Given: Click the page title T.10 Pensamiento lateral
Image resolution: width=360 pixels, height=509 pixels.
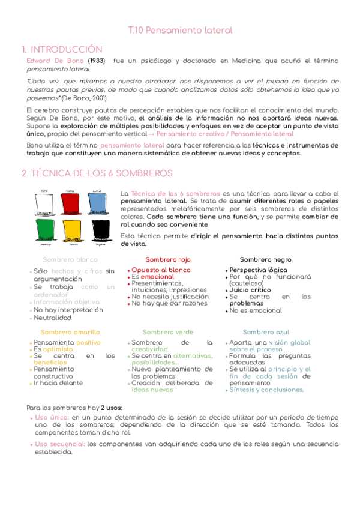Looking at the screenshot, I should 180,30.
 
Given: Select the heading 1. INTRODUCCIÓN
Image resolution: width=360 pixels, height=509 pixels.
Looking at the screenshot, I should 62,49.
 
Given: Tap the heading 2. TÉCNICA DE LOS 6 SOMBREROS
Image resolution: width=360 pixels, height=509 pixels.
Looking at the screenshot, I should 97,173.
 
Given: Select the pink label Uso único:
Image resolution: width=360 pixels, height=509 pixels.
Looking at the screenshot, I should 52,417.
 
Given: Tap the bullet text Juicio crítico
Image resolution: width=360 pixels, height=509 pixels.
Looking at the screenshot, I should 250,290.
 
